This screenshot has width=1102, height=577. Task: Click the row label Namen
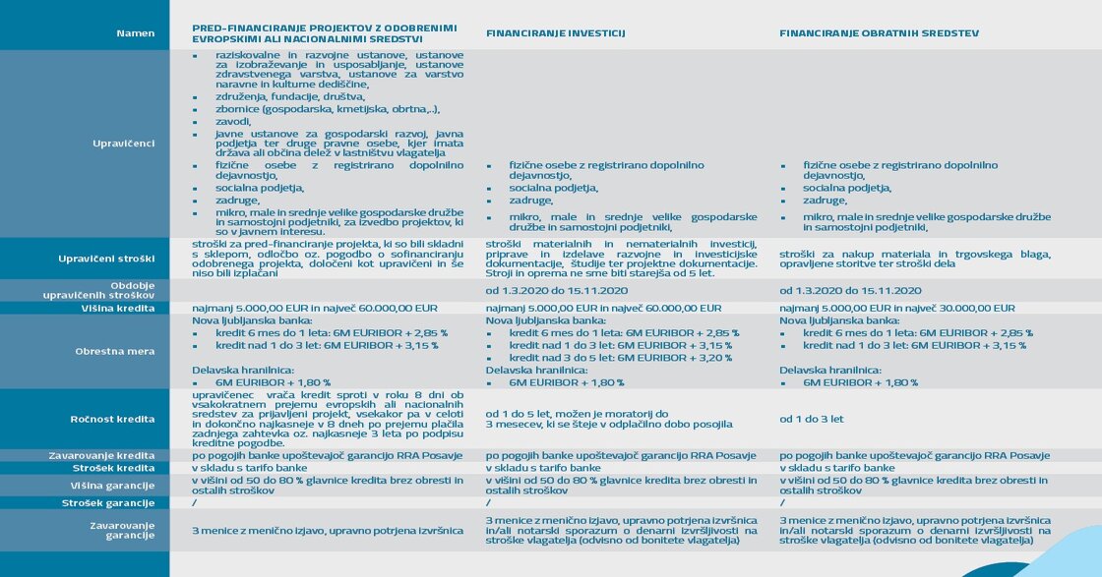tap(135, 33)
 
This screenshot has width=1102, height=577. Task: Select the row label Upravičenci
tap(123, 144)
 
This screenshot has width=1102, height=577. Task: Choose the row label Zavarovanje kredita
tap(101, 455)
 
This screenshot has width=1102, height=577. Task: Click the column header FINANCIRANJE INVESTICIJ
tap(556, 33)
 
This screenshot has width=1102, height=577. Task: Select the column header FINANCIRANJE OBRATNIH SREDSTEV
tap(879, 33)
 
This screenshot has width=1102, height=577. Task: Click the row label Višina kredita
tap(117, 308)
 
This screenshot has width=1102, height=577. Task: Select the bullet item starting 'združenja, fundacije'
tap(290, 97)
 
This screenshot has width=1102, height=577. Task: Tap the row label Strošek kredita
tap(111, 468)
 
